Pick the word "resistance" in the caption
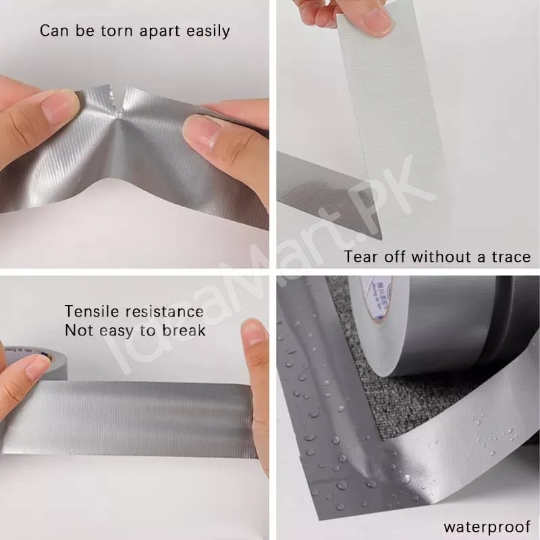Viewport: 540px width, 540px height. coord(162,311)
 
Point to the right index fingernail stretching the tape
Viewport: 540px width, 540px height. coord(254,332)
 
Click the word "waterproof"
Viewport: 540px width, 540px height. coord(487,526)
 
